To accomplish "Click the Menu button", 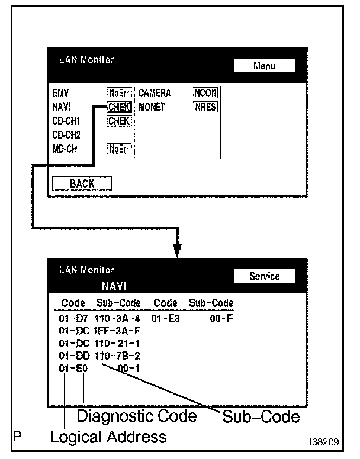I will point(264,66).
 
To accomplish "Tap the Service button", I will point(264,276).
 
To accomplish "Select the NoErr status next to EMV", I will point(119,93).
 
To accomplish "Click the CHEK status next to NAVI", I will point(119,107).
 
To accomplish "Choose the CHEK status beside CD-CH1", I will point(119,121).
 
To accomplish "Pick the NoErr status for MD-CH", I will point(119,149).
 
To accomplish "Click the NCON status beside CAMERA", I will point(205,93).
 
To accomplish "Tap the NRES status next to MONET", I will point(205,107).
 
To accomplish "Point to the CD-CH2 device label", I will point(66,135).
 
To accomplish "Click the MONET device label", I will point(152,107).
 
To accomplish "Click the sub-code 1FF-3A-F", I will point(117,331).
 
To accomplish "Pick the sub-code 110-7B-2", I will point(117,356).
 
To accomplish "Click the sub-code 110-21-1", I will point(117,344).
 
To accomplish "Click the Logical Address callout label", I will point(108,437).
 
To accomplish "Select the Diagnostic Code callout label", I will point(137,416).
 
